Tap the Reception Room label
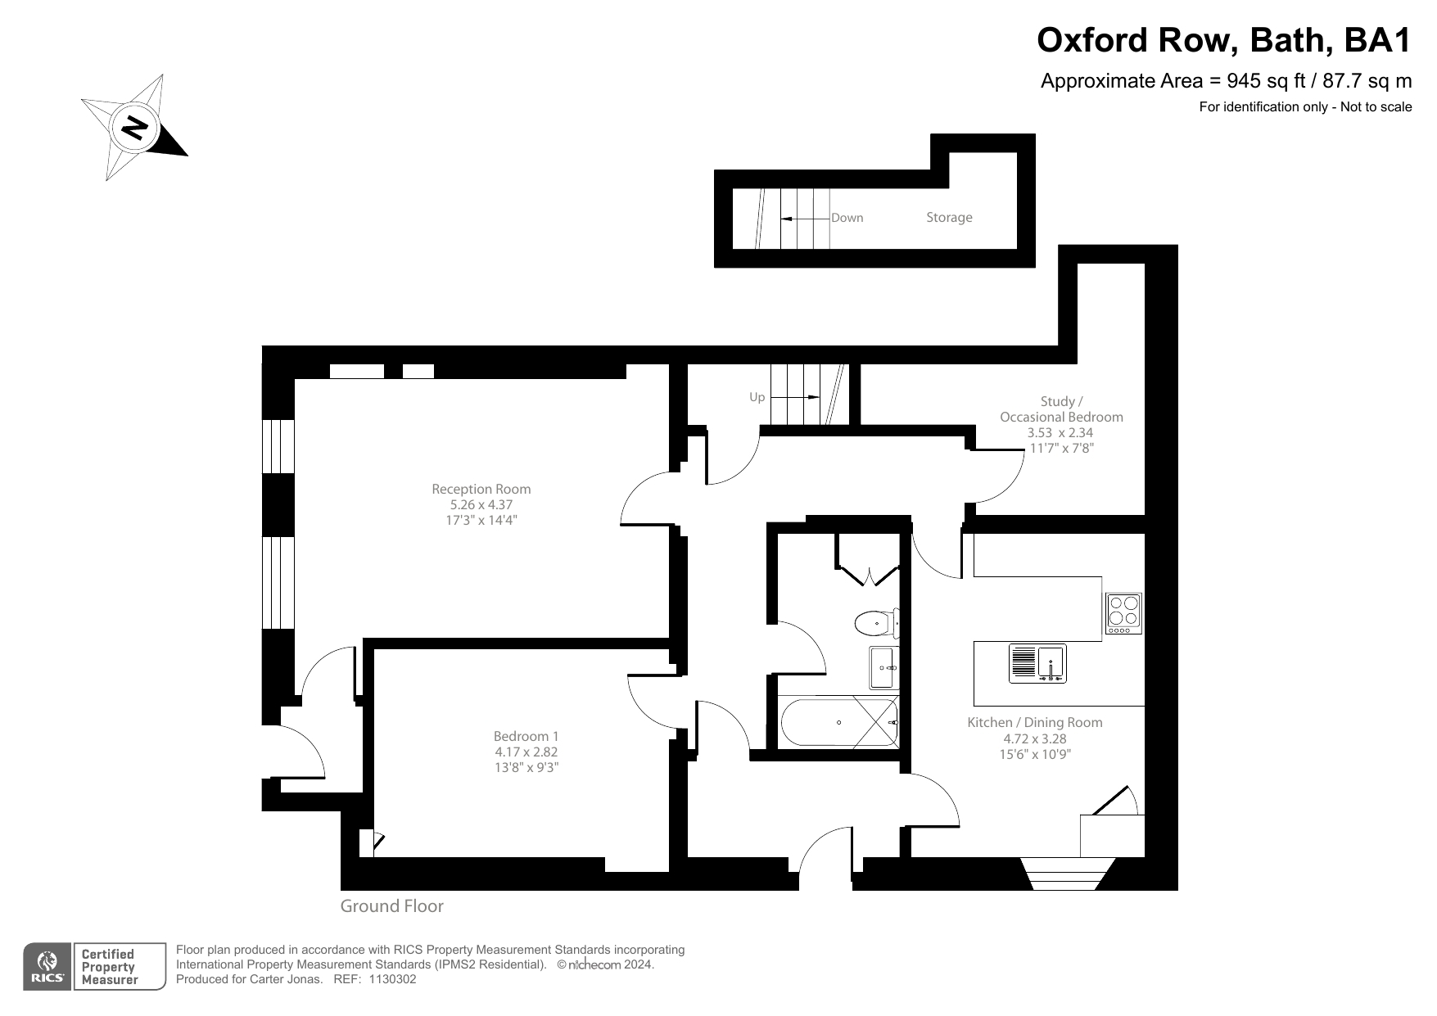pos(481,490)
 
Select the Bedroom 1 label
pos(526,736)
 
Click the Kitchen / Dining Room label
pos(1035,722)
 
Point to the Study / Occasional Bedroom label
pos(1061,409)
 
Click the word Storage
pos(949,218)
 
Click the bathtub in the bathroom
pos(839,722)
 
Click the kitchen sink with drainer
pos(1037,664)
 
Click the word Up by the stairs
pos(757,398)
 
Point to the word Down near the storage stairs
pos(847,218)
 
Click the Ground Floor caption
pos(391,906)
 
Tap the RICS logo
pos(47,967)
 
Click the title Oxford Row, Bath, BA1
pos(1223,39)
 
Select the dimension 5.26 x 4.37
pos(481,505)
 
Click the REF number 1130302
pos(393,979)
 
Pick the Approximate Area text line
pos(1225,81)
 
